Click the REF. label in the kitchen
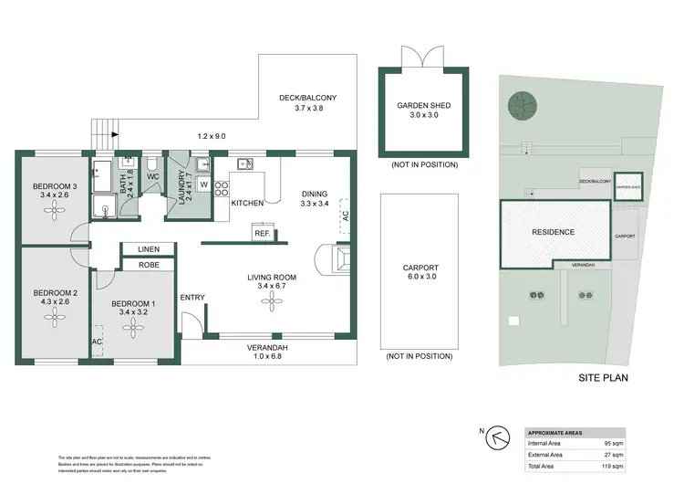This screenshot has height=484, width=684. pos(263,233)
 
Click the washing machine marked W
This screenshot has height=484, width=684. pos(202,184)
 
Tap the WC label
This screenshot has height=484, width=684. pos(153,175)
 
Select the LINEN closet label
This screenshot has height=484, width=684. pos(149,248)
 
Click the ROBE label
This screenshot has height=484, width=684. pos(149,265)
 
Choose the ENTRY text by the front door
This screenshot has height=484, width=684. pos(192,297)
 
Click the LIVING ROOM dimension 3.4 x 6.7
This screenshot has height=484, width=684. pos(273,288)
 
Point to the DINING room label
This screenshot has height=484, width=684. pos(315,193)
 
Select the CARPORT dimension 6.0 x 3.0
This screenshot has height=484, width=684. pos(420,279)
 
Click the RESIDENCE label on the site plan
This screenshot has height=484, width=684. pos(554,232)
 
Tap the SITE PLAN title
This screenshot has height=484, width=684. pos(604,376)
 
